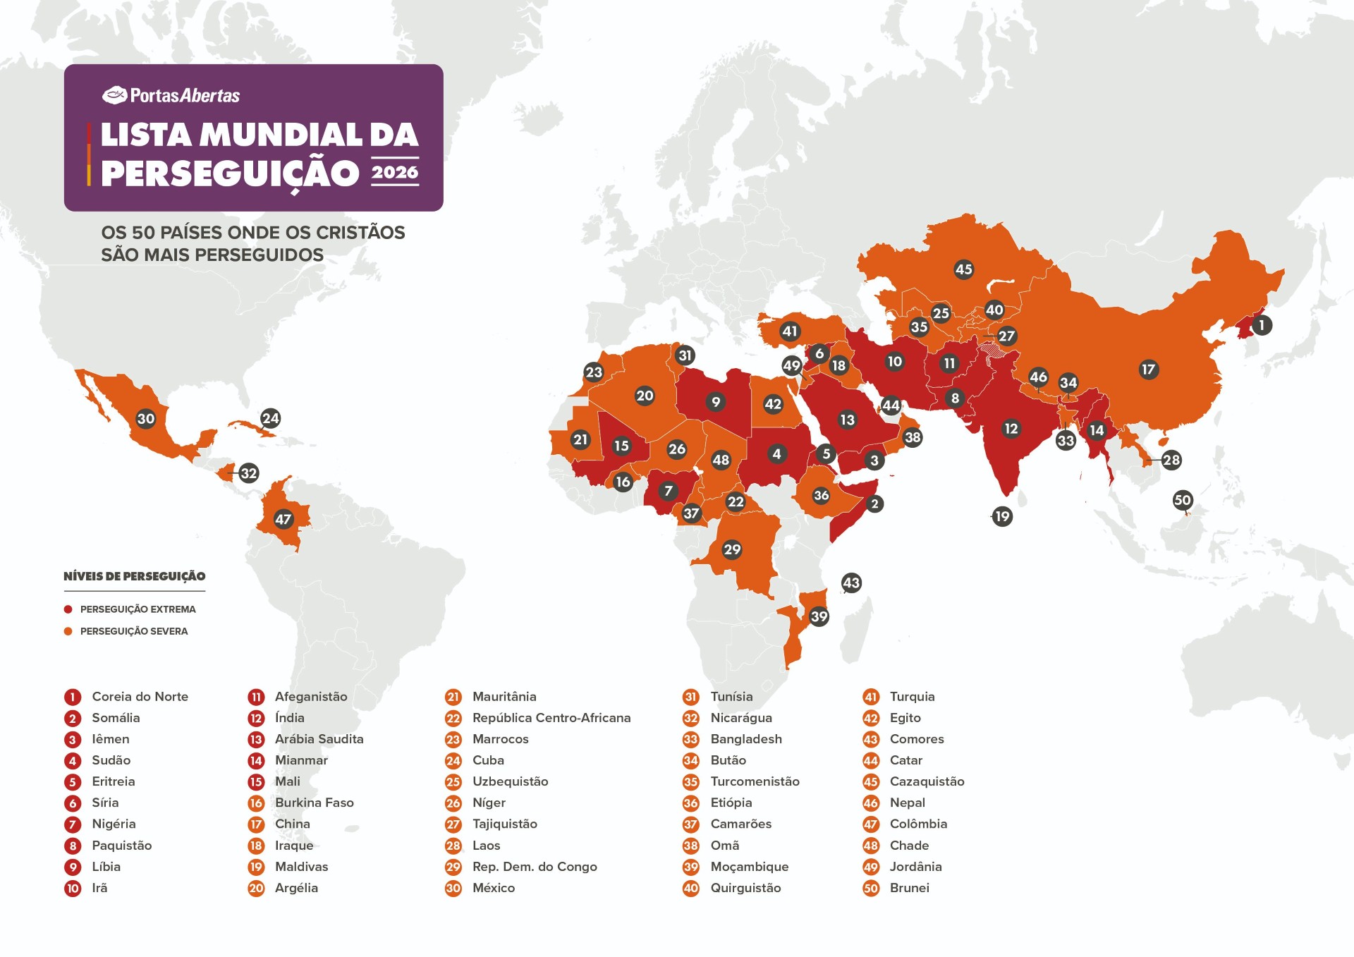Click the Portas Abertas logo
tap(171, 95)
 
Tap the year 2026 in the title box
tap(395, 172)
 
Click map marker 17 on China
tap(1148, 369)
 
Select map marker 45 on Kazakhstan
tap(963, 269)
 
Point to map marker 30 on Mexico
tap(145, 419)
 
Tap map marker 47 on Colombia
tap(283, 520)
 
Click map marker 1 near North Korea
tap(1262, 325)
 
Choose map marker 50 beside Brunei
tap(1182, 500)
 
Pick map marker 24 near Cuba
tap(270, 418)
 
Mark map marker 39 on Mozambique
tap(818, 616)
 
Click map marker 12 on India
tap(1011, 428)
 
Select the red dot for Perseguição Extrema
tap(68, 609)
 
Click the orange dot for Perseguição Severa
tap(68, 631)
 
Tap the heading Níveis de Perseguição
tap(134, 576)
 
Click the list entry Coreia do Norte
tap(140, 697)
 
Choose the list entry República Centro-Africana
tap(551, 718)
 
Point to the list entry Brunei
tap(909, 888)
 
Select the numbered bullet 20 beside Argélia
tap(256, 888)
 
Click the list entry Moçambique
tap(749, 867)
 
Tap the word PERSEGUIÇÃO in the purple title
tap(230, 173)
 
